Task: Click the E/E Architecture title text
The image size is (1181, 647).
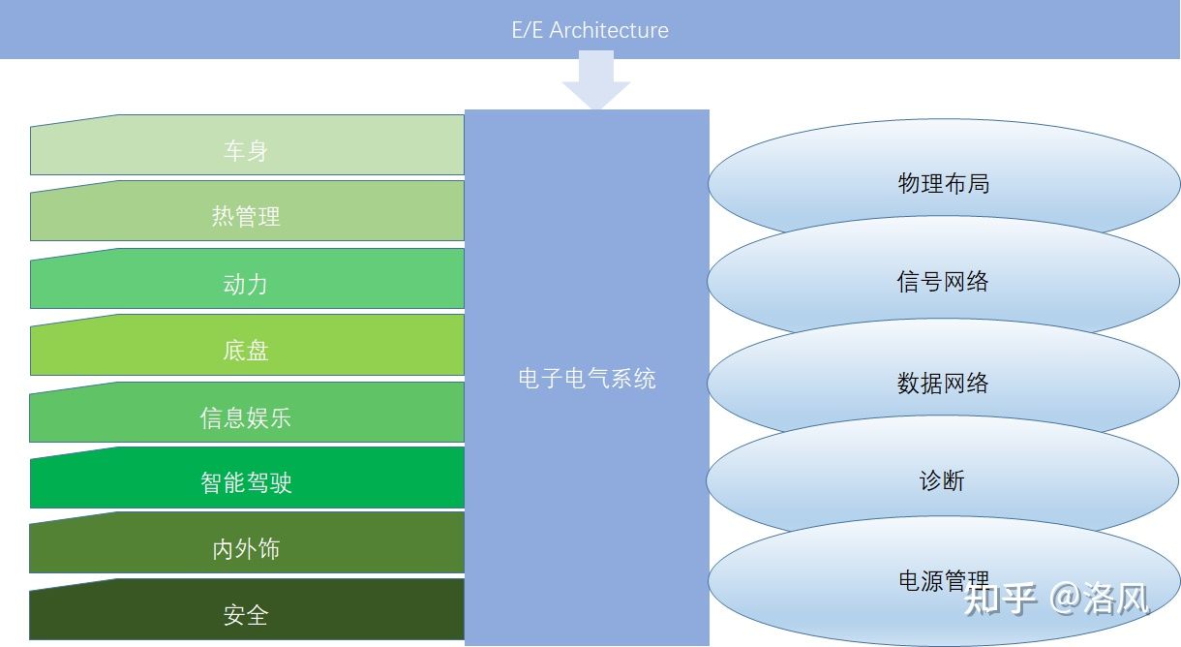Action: tap(590, 30)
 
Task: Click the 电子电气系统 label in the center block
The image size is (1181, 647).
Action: tap(587, 379)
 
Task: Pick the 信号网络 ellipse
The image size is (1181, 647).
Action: tap(944, 281)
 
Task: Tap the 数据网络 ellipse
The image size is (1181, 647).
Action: tap(944, 382)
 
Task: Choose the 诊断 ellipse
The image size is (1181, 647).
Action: tap(944, 479)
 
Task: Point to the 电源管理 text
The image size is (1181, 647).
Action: tap(944, 580)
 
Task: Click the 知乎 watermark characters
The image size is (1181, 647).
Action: tap(1000, 599)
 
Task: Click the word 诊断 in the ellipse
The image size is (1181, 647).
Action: tap(942, 480)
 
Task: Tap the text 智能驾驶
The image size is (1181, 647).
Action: tap(246, 481)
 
